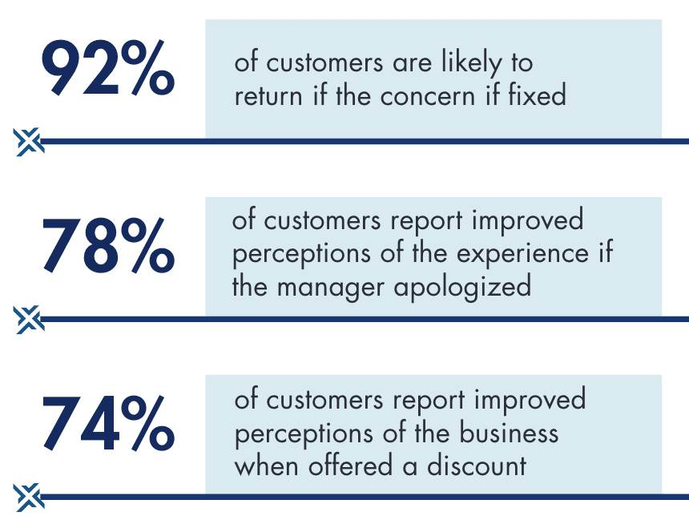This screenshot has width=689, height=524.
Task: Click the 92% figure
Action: (x=108, y=67)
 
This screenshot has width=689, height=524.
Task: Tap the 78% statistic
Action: (x=108, y=245)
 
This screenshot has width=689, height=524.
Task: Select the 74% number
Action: (x=108, y=422)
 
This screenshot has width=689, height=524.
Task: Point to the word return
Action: (x=268, y=97)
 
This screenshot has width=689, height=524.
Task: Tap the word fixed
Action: (x=537, y=95)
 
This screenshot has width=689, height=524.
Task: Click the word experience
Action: (x=522, y=255)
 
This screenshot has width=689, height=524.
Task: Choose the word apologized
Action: (x=462, y=288)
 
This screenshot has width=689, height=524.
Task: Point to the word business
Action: (x=509, y=432)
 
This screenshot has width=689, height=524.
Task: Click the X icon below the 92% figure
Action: (x=28, y=142)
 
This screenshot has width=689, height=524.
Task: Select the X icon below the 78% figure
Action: (x=28, y=320)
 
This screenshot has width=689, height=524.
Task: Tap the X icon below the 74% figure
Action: (x=28, y=498)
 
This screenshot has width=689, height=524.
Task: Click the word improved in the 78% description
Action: (x=528, y=220)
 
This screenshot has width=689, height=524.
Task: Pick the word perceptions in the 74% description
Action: (x=304, y=434)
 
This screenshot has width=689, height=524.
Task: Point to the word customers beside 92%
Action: (x=324, y=63)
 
